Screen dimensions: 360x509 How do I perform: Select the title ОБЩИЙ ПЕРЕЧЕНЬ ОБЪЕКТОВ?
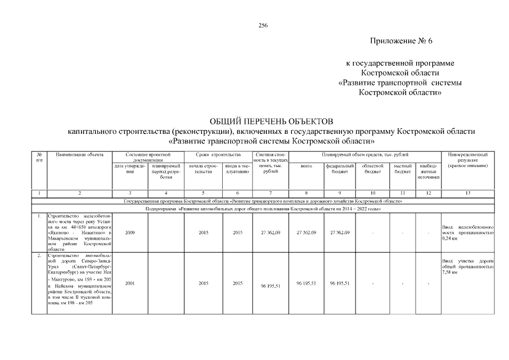271,121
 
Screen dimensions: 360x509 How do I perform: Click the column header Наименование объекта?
79,154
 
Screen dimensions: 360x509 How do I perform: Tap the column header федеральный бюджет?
340,169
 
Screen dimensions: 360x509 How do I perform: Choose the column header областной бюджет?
372,169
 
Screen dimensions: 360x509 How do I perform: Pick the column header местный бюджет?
403,169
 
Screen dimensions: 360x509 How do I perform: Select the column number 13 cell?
467,193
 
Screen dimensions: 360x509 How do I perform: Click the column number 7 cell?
271,193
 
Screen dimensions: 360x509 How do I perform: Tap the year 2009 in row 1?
130,232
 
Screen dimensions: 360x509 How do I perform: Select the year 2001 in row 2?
130,282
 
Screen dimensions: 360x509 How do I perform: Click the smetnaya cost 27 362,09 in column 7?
271,232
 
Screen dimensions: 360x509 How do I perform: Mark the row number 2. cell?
39,256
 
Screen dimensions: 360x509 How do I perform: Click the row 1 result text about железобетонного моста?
467,232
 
